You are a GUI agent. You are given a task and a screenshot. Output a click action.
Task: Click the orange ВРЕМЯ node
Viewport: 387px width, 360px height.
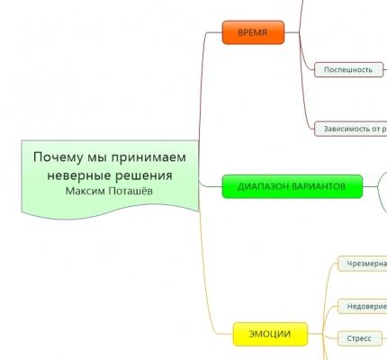[253, 32]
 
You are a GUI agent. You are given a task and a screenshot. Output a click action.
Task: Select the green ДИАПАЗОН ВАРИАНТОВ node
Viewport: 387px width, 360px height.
[292, 186]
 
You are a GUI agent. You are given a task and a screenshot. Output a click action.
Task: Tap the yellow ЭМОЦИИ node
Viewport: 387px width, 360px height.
[269, 334]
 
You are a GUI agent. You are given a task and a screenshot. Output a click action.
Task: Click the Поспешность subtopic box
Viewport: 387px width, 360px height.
[347, 69]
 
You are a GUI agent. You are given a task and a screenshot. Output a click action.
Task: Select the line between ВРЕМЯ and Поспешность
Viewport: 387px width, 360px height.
[300, 53]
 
